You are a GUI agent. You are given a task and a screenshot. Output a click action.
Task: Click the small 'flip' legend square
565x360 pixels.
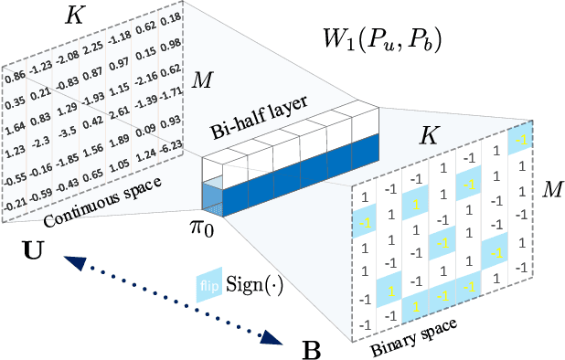(209, 281)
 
